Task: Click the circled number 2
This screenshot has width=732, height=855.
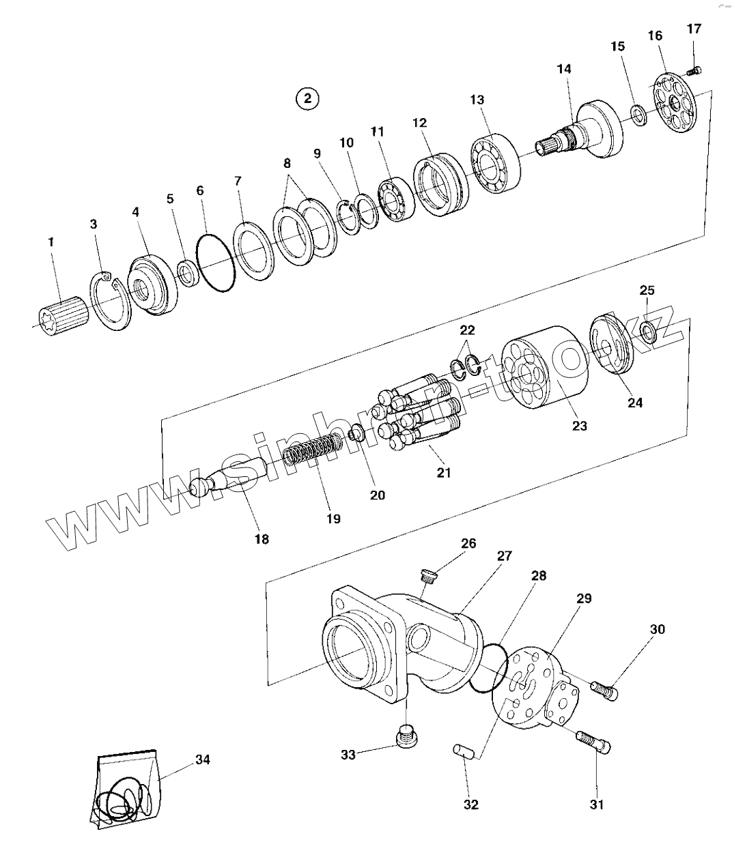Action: tap(307, 98)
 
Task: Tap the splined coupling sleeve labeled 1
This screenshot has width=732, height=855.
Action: tap(64, 316)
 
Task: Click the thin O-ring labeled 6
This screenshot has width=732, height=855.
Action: tap(215, 263)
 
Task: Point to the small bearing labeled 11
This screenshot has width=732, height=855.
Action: tap(396, 200)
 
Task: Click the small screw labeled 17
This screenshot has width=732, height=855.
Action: tap(694, 71)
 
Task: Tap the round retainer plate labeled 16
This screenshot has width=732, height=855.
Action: tap(676, 102)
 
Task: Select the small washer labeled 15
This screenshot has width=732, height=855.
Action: tap(639, 115)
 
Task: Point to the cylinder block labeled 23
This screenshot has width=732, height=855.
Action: tap(544, 367)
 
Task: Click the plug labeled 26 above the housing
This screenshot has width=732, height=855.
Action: tap(428, 576)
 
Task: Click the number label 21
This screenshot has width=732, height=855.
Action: tap(443, 472)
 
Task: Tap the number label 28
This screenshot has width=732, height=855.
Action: tap(539, 575)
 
